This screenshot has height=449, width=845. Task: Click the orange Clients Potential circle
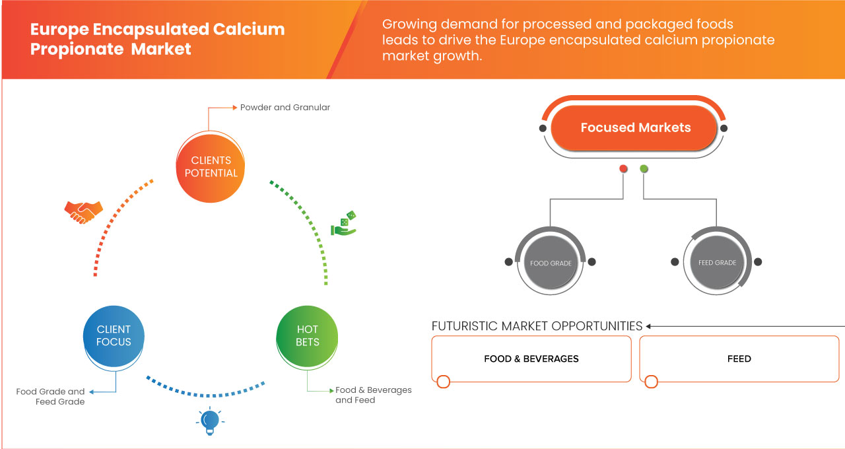click(211, 166)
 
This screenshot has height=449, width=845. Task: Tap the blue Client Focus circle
click(114, 335)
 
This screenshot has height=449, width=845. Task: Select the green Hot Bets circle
click(308, 335)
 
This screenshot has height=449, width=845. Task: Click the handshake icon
click(83, 211)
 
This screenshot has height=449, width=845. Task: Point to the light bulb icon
click(210, 421)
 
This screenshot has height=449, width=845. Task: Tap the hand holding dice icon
click(344, 224)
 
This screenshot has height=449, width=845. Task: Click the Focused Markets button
click(635, 128)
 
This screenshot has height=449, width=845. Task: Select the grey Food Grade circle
click(551, 263)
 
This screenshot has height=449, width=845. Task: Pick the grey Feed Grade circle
click(717, 263)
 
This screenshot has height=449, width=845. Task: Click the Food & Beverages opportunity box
click(531, 359)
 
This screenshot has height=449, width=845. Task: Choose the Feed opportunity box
click(739, 359)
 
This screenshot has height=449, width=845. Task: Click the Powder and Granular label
click(285, 107)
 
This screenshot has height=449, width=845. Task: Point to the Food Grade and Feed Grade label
click(51, 396)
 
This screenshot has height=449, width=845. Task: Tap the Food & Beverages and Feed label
click(373, 395)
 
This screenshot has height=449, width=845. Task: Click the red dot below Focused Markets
click(623, 169)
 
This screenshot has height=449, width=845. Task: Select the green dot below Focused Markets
click(644, 169)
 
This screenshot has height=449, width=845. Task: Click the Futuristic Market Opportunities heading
click(537, 326)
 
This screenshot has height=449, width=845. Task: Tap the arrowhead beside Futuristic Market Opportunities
click(649, 326)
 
